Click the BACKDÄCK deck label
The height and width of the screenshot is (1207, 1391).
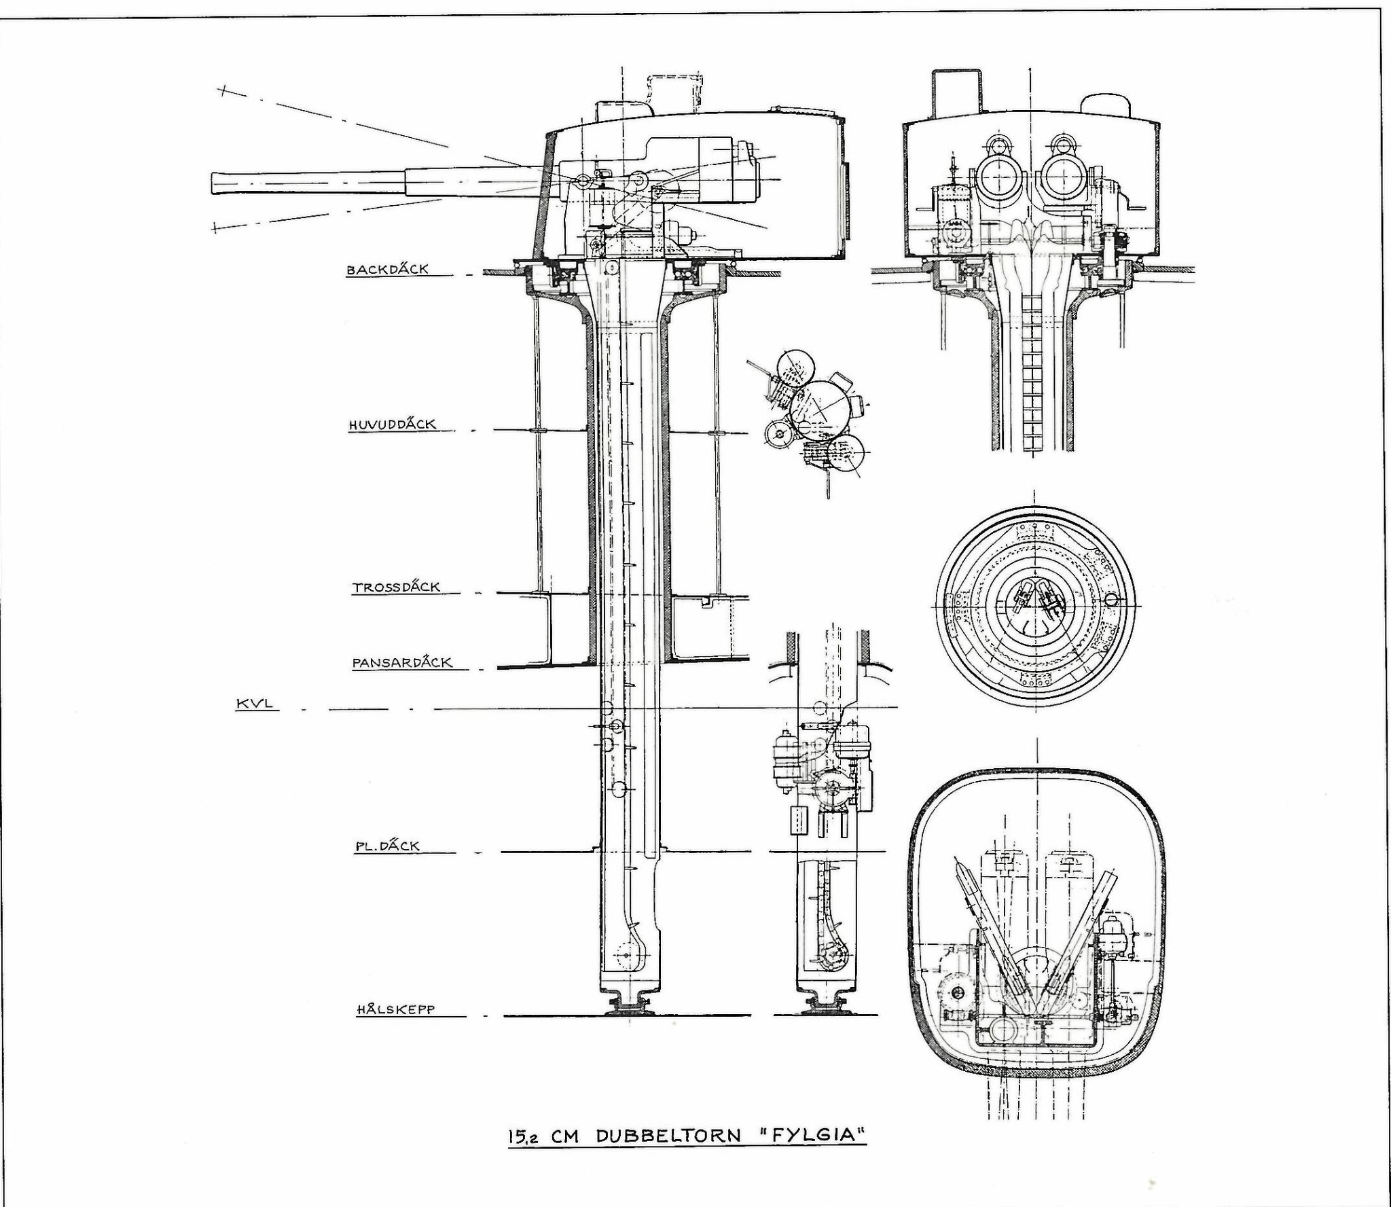pyautogui.click(x=388, y=269)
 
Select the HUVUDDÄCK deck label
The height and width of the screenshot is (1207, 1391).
pyautogui.click(x=392, y=425)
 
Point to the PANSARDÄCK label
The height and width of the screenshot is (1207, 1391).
pyautogui.click(x=402, y=662)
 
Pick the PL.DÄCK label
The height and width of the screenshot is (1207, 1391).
pyautogui.click(x=387, y=846)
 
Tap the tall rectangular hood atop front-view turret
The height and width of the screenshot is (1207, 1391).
pyautogui.click(x=956, y=94)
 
